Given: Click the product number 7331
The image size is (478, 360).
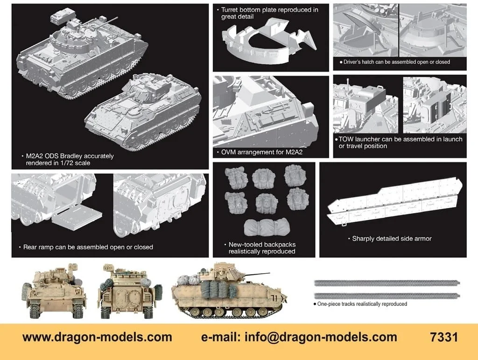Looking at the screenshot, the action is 444,337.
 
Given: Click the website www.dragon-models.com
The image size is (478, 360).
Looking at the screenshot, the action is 97,337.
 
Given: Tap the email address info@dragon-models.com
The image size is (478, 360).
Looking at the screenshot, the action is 321,337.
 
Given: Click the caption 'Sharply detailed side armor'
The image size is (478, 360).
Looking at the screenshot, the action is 392,238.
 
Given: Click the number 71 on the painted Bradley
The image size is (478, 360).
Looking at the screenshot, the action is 274,298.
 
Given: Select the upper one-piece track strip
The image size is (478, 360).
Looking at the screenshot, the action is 387,283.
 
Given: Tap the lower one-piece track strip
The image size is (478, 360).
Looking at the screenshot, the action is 387,296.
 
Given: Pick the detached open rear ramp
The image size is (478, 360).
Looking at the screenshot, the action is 77,215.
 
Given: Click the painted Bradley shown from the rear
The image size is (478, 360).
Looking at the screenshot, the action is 130,291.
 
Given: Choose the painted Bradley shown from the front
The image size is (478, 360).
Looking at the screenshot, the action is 54,291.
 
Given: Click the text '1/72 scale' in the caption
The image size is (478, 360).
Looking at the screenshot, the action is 75,163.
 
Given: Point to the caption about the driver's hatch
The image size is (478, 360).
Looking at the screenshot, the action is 394,62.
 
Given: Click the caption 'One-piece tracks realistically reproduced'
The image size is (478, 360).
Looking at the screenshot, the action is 362,304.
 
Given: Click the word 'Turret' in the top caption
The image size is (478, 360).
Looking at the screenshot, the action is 231,10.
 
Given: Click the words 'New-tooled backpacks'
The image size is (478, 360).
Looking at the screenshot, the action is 262,244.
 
